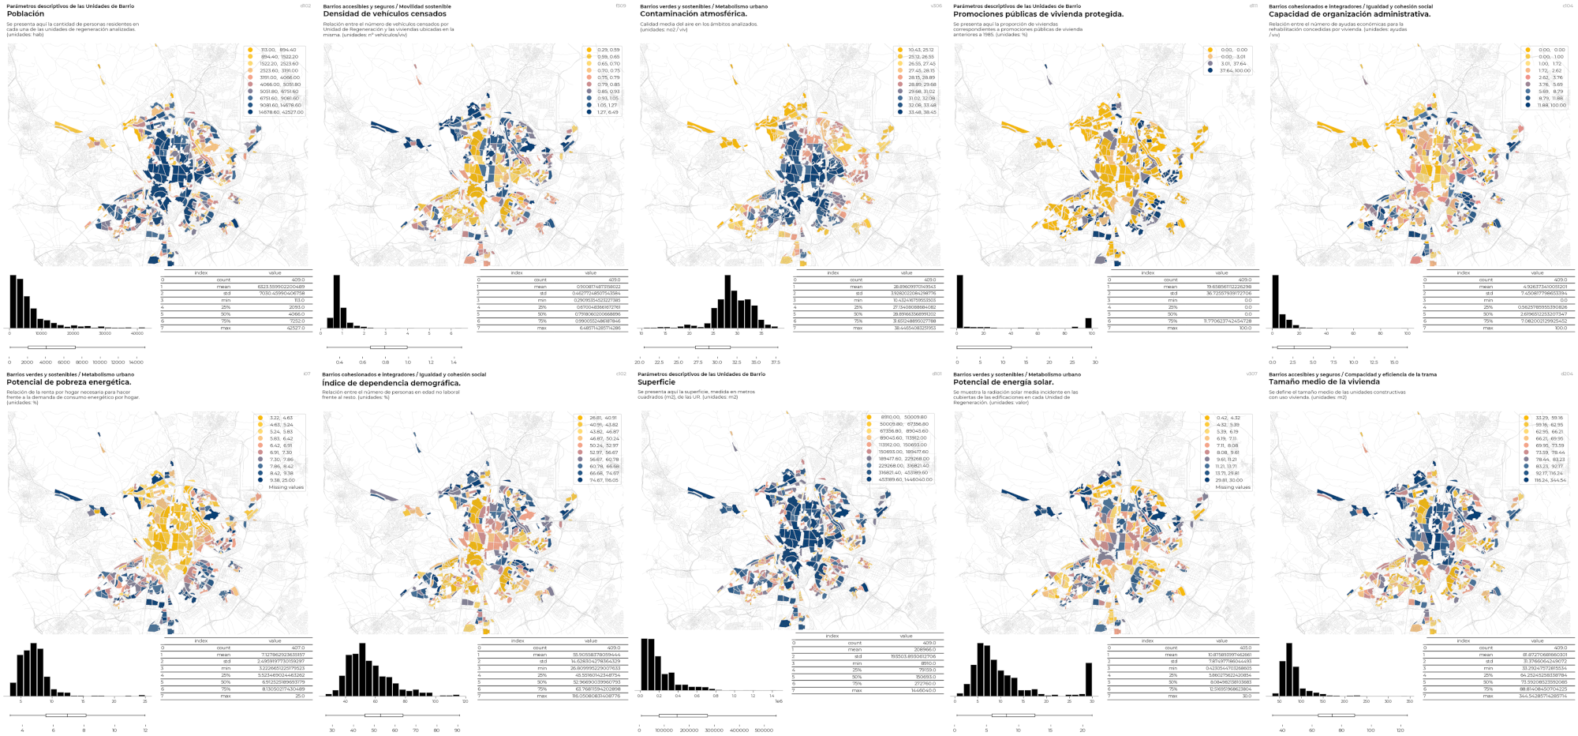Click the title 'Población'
pyautogui.click(x=25, y=14)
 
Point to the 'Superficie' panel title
pyautogui.click(x=656, y=382)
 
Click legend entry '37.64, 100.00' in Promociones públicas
pyautogui.click(x=1233, y=71)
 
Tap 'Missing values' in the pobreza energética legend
pyautogui.click(x=286, y=487)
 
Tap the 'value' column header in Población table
pyautogui.click(x=275, y=272)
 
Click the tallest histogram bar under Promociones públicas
pyautogui.click(x=960, y=301)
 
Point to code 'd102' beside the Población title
pyautogui.click(x=306, y=6)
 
